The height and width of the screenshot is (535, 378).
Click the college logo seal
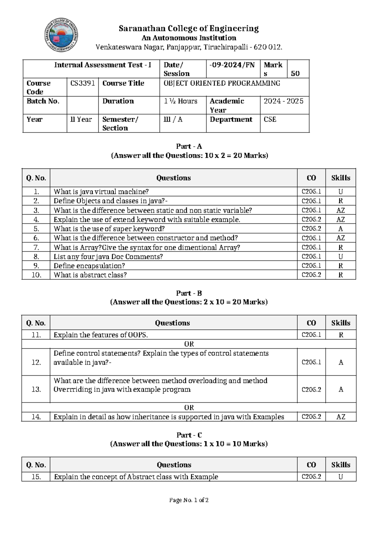(x=61, y=35)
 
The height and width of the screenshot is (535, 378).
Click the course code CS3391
(x=83, y=83)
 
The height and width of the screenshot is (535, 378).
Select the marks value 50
(x=295, y=73)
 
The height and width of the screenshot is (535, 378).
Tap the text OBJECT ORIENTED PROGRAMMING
(x=222, y=83)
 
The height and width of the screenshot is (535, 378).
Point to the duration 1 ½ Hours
(x=180, y=101)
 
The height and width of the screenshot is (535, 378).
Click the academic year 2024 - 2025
(x=283, y=101)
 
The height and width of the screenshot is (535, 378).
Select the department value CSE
(x=270, y=119)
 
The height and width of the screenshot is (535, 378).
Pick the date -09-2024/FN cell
(x=232, y=65)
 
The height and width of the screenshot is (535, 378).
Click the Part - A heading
(x=189, y=146)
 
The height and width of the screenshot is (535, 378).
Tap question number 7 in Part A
(x=36, y=247)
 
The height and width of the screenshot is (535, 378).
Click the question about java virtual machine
(x=101, y=192)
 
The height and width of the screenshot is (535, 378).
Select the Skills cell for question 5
(x=341, y=229)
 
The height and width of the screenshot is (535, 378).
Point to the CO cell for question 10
(x=311, y=275)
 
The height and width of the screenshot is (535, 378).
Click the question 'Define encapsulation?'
(x=89, y=266)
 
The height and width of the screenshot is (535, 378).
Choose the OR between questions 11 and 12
(x=189, y=344)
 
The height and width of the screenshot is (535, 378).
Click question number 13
(x=36, y=389)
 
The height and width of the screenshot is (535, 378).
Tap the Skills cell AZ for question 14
(x=341, y=417)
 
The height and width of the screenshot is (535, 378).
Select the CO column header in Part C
(x=311, y=465)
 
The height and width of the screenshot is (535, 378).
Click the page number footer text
(x=189, y=500)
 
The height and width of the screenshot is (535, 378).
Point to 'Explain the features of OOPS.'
(x=101, y=335)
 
